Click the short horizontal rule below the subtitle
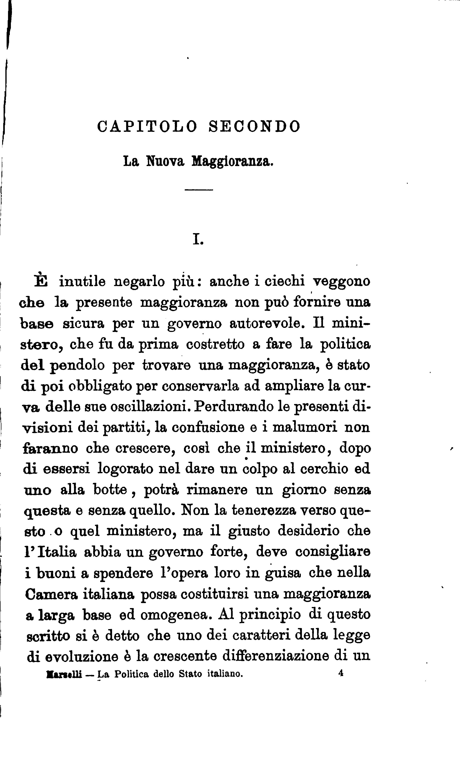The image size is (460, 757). click(199, 190)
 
